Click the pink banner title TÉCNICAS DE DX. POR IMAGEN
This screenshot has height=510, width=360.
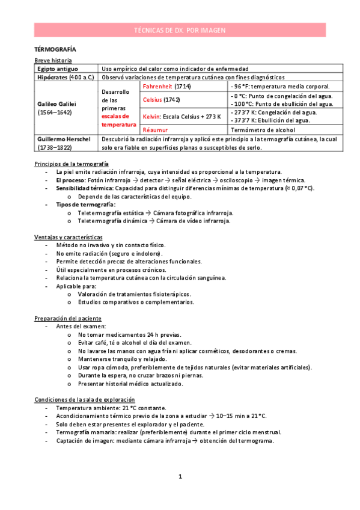pos(180,29)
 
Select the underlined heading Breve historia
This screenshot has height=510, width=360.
pos(53,61)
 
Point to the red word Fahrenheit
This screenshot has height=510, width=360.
pos(157,87)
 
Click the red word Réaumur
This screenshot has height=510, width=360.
pos(154,129)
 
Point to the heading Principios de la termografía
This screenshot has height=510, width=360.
pos(72,164)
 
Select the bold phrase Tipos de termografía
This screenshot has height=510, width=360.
pos(85,204)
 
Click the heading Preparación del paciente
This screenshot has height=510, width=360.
pos(68,318)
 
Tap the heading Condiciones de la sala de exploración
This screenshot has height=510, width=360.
pos(84,399)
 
